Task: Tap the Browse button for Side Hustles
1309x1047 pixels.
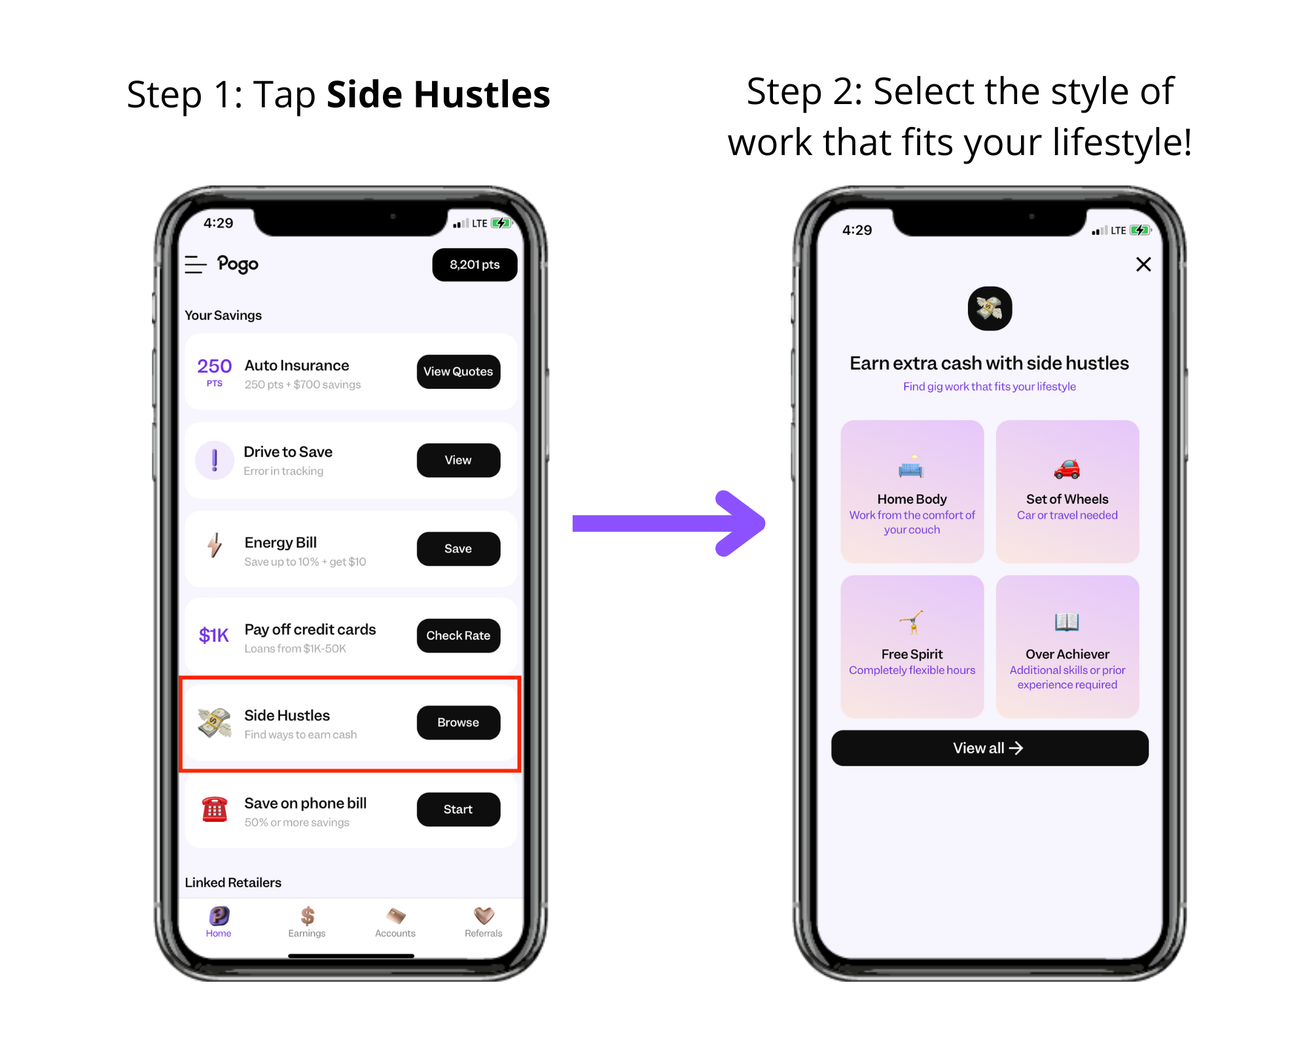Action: [x=458, y=722]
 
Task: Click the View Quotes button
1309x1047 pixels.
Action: [x=458, y=372]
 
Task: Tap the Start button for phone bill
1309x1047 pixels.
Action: [x=458, y=809]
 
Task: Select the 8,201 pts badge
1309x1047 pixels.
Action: [x=475, y=264]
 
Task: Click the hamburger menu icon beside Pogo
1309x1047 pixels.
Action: [x=196, y=264]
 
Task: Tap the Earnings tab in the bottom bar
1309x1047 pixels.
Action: [x=307, y=922]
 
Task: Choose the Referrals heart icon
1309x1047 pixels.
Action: [x=484, y=915]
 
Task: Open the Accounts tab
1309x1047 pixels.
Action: [x=395, y=922]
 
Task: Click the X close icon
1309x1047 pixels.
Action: [x=1143, y=264]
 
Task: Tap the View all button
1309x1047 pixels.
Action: [x=990, y=748]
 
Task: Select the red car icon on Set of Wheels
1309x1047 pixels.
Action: [x=1067, y=469]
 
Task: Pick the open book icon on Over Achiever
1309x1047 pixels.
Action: [x=1067, y=622]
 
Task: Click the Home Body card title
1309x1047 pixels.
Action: [x=912, y=499]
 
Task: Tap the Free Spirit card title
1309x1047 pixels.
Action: [x=912, y=654]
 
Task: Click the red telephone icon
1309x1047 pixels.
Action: [x=215, y=809]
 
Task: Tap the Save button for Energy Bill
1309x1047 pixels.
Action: [x=458, y=548]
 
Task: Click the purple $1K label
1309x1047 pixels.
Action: [x=214, y=635]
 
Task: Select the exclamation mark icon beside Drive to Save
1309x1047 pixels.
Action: [x=215, y=460]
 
